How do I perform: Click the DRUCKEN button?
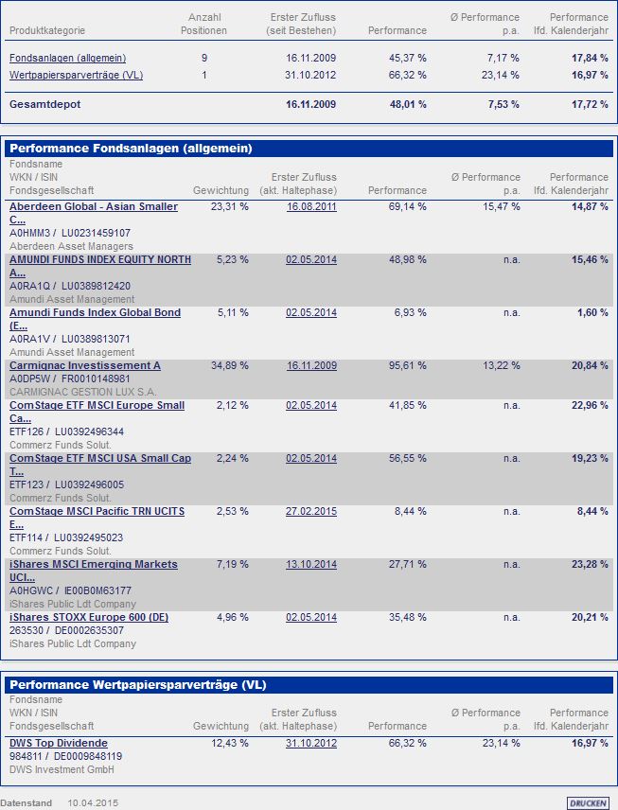tap(588, 802)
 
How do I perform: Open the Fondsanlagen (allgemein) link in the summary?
tap(67, 58)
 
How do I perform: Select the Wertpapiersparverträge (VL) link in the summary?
tap(76, 75)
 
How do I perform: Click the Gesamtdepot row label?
tap(44, 104)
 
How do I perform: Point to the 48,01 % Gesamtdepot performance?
tap(408, 104)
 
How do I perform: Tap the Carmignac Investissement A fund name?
tap(85, 365)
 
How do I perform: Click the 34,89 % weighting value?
tap(230, 365)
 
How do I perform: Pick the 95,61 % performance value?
tap(408, 365)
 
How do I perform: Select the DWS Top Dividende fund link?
tap(59, 743)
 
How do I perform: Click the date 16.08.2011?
tap(311, 206)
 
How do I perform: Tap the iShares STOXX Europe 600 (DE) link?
tap(89, 618)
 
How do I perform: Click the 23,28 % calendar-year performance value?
tap(590, 564)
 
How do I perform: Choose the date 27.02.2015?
tap(311, 511)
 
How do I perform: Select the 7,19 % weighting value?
tap(233, 564)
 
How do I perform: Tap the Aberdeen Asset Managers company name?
tap(71, 246)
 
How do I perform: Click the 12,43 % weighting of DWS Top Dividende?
tap(230, 743)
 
